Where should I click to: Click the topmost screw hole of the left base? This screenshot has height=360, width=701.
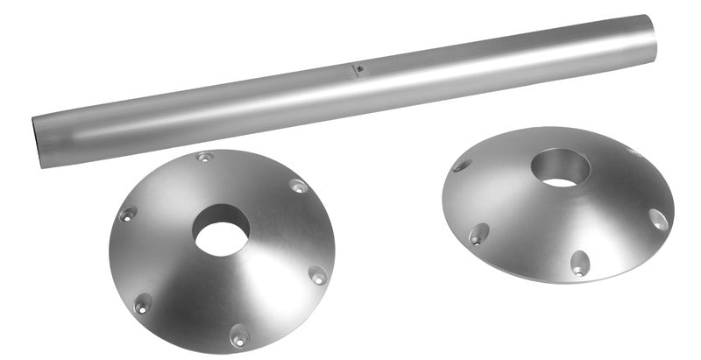[x=204, y=158]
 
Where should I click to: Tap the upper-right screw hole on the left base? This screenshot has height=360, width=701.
[x=298, y=187]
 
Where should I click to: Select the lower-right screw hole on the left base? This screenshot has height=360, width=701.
[x=318, y=277]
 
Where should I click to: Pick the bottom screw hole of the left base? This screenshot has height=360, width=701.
[x=237, y=335]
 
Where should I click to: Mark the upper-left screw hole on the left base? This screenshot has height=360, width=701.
[x=128, y=214]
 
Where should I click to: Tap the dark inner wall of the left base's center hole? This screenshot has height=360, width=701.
[x=221, y=215]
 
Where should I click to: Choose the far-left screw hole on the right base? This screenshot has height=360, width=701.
[x=461, y=166]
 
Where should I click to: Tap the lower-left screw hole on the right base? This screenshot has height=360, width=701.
[x=478, y=234]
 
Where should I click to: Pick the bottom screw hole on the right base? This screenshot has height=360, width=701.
[x=579, y=263]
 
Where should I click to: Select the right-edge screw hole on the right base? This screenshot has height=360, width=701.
[x=658, y=219]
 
